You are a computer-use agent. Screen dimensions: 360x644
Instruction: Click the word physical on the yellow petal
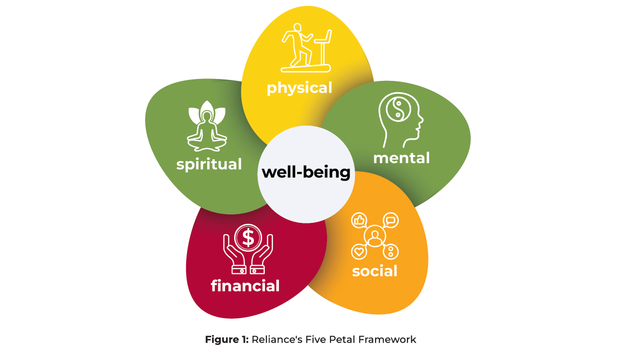coord(299,88)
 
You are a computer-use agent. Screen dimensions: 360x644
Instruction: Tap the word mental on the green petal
coord(401,158)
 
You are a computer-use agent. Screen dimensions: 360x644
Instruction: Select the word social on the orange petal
coord(375,271)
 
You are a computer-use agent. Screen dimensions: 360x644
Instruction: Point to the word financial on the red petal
coord(245,286)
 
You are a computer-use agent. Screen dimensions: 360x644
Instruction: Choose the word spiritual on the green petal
coord(209,164)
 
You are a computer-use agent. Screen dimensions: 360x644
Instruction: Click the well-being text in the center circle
coord(306,172)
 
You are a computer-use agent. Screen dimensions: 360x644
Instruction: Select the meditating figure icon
coord(207,126)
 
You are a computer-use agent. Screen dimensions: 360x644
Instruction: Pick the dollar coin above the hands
coord(248,237)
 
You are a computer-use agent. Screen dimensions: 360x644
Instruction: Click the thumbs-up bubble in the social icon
coord(359,220)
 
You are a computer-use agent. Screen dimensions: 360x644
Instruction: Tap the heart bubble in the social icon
coord(358,251)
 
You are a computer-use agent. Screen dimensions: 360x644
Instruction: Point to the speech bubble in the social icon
coord(391,221)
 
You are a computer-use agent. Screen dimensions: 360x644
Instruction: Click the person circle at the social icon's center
coord(374,236)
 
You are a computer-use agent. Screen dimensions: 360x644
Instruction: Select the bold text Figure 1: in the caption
coord(226,340)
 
